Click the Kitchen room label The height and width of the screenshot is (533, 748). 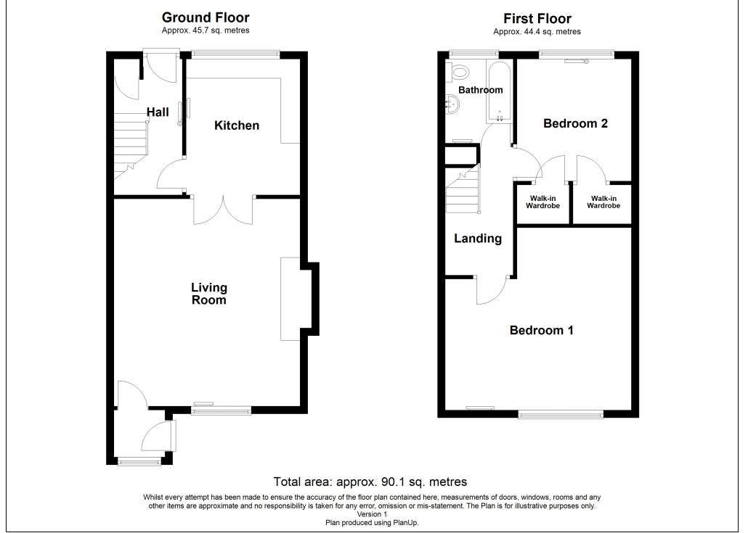pyautogui.click(x=237, y=125)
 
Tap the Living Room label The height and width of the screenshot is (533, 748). pyautogui.click(x=209, y=294)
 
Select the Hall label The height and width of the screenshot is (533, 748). pyautogui.click(x=158, y=112)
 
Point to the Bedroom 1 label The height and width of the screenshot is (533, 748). pyautogui.click(x=542, y=330)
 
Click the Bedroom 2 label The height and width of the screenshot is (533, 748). pyautogui.click(x=575, y=123)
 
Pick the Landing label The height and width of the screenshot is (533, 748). pyautogui.click(x=478, y=239)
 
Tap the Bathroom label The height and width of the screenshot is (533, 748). pyautogui.click(x=480, y=90)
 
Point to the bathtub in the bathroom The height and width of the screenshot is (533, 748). pyautogui.click(x=499, y=91)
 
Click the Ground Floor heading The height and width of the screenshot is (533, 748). pyautogui.click(x=206, y=17)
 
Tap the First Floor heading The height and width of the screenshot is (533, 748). pyautogui.click(x=537, y=19)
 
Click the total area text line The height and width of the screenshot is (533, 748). pyautogui.click(x=370, y=482)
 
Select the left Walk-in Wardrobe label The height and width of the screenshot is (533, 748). pyautogui.click(x=542, y=202)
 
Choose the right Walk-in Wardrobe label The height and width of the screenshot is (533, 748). pyautogui.click(x=603, y=202)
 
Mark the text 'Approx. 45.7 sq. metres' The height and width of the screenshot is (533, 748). pyautogui.click(x=206, y=30)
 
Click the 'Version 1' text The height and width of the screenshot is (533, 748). pyautogui.click(x=372, y=514)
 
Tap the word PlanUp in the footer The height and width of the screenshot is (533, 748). pyautogui.click(x=405, y=523)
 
